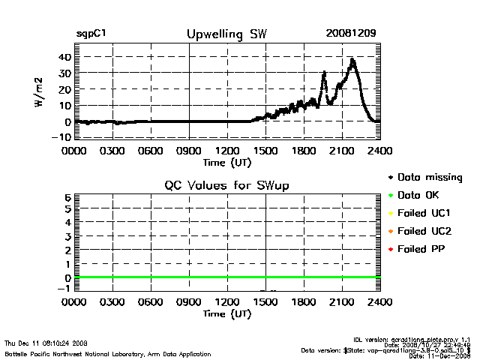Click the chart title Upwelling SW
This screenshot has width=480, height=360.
(x=226, y=34)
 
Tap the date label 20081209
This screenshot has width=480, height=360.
(x=350, y=34)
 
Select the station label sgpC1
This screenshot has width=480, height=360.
(x=93, y=34)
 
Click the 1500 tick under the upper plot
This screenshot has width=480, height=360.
(x=266, y=150)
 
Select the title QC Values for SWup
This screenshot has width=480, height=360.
(x=227, y=185)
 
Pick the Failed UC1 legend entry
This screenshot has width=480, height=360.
(x=426, y=213)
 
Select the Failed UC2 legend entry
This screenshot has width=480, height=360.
(x=426, y=230)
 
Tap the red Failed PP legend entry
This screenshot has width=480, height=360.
(x=424, y=248)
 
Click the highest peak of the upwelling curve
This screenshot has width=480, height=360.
(x=352, y=59)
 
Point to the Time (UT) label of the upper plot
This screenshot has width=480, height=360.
(x=226, y=161)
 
